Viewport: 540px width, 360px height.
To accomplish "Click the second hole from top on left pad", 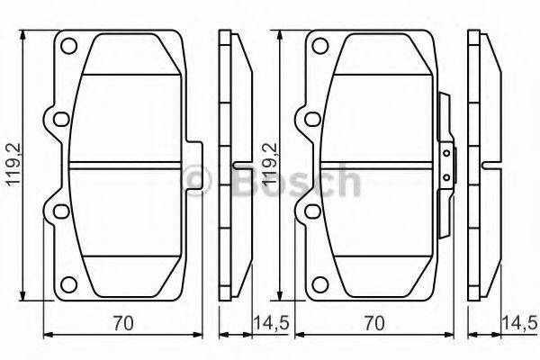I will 59,120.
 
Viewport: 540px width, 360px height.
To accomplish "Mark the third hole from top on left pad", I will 59,211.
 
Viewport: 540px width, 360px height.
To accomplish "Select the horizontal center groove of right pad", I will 378,165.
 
